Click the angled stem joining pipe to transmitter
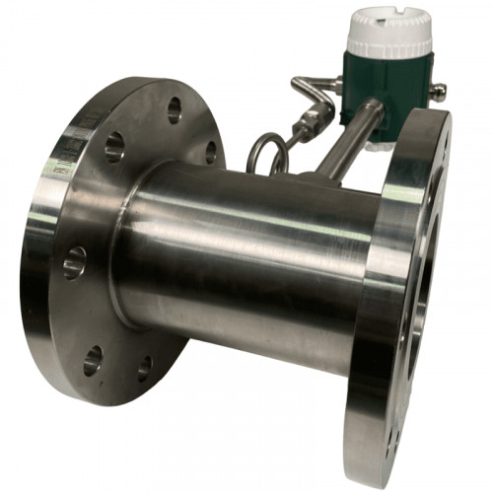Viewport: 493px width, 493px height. (340, 148)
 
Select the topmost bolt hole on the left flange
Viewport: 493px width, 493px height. (175, 110)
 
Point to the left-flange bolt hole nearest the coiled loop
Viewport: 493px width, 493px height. (210, 153)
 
